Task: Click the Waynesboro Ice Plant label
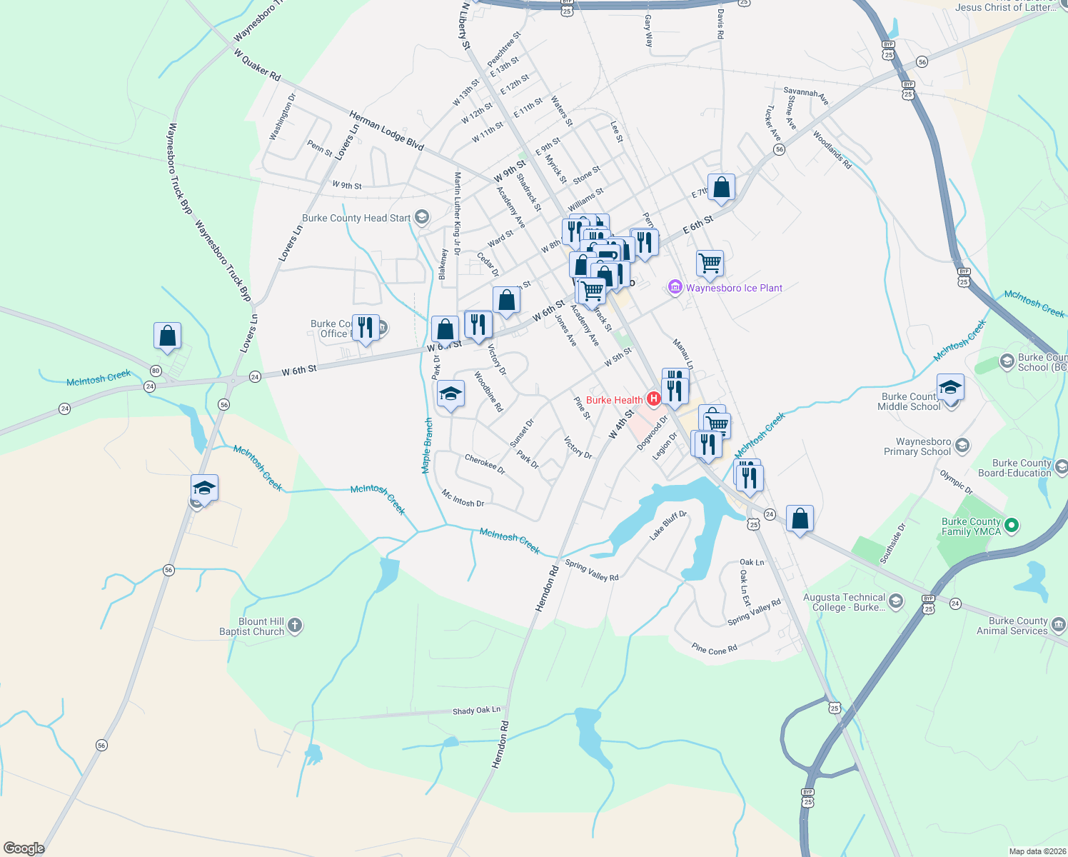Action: [734, 288]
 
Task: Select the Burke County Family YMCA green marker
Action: [1011, 526]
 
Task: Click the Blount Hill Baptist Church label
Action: [251, 626]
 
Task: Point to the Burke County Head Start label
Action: [356, 218]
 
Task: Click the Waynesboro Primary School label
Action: [923, 446]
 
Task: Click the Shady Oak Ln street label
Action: [476, 711]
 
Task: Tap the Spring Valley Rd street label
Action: [592, 570]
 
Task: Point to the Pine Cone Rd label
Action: [714, 649]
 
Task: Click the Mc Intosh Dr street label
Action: [463, 498]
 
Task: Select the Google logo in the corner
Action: [24, 848]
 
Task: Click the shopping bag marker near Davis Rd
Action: [721, 187]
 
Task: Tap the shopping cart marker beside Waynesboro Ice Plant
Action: [710, 263]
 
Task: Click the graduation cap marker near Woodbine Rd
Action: [450, 394]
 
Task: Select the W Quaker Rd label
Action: [257, 64]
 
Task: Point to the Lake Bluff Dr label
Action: [668, 524]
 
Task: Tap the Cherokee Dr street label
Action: [485, 464]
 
